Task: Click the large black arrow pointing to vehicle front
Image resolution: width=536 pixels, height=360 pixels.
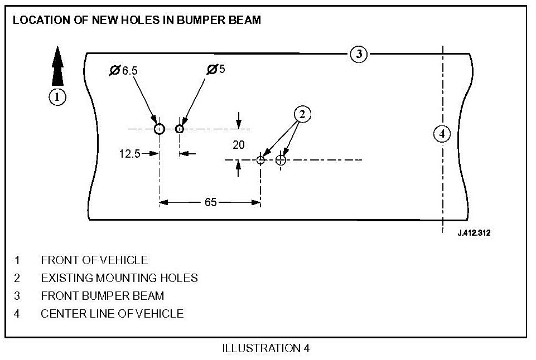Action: tap(57, 67)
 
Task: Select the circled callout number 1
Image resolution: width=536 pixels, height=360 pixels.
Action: tap(57, 96)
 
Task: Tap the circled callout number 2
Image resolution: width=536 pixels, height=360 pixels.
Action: tap(302, 114)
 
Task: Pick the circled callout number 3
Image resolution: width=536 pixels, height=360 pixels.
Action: tap(359, 54)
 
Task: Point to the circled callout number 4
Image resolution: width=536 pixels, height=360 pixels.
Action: tap(442, 134)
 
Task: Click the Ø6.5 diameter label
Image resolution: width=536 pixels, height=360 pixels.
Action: tap(123, 70)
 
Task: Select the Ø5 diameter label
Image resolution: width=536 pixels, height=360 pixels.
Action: tap(216, 70)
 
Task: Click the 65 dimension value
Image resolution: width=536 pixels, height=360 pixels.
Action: tap(210, 202)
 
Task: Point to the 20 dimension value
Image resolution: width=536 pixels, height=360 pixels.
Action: tap(239, 145)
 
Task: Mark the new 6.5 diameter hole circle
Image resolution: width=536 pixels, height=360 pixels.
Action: tap(160, 129)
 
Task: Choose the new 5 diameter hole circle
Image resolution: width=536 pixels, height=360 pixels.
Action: tap(180, 129)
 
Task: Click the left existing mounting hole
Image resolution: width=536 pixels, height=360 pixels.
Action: tap(260, 160)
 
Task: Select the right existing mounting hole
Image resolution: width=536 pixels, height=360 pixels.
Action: tap(281, 160)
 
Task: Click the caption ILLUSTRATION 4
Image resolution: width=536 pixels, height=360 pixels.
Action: tap(265, 349)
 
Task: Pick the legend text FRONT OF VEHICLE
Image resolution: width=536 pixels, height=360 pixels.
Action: tap(94, 260)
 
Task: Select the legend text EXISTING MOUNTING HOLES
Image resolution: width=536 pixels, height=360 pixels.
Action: tap(119, 278)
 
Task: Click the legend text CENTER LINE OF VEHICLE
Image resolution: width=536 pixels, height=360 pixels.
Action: tap(112, 313)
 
